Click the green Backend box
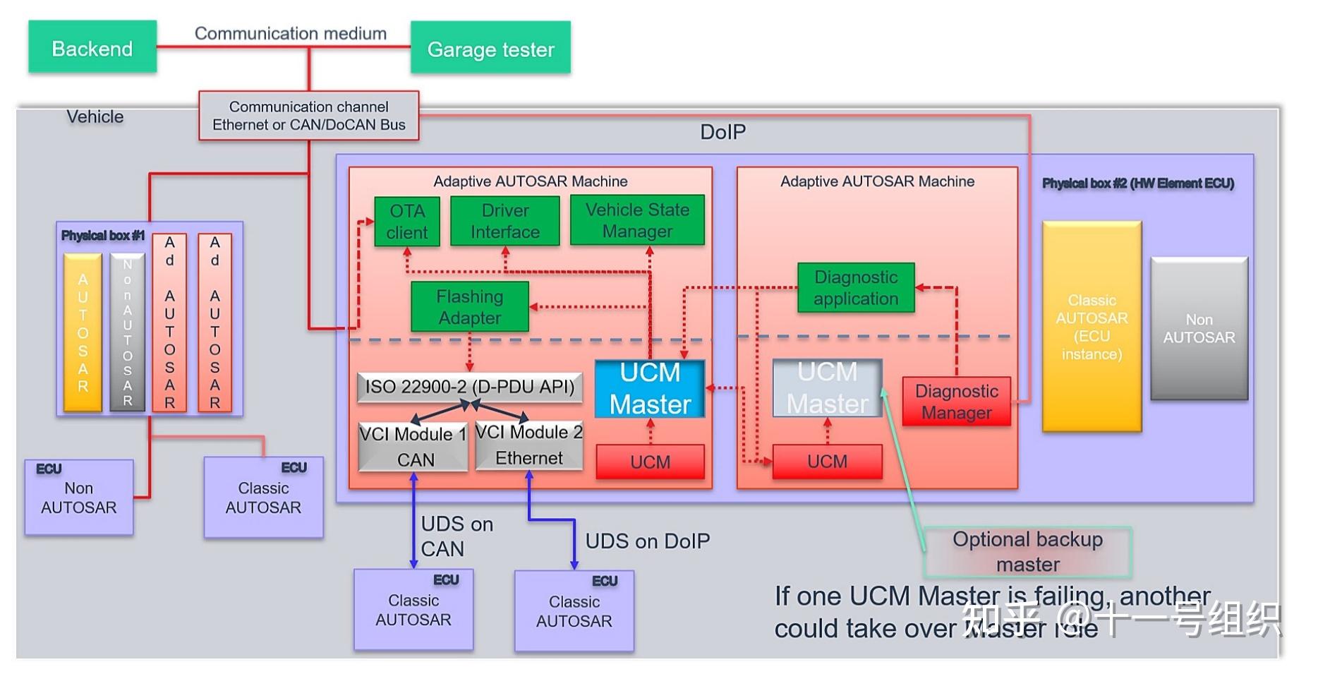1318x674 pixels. coord(92,47)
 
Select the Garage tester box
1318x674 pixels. coord(490,48)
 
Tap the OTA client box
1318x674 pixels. coord(407,222)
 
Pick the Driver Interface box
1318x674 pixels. coord(505,222)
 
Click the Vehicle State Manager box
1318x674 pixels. coord(637,220)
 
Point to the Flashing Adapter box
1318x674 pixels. coord(470,307)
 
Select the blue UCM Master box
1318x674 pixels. coord(650,389)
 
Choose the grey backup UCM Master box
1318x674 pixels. coord(827,388)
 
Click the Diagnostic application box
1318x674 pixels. coord(856,288)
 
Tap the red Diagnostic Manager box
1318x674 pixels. coord(957,402)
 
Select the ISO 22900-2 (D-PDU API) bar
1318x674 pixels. coord(470,387)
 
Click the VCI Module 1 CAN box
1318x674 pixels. coord(413,447)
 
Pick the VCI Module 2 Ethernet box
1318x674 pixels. coord(529,445)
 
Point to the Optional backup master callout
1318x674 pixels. coord(1027,552)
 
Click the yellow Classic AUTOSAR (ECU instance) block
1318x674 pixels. coord(1092,327)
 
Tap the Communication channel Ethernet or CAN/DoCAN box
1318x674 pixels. coord(309,116)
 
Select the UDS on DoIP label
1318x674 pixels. coord(648,541)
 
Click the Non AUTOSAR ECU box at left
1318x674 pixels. coord(79,498)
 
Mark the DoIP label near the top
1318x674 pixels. coord(723,132)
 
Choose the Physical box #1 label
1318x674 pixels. coord(103,236)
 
